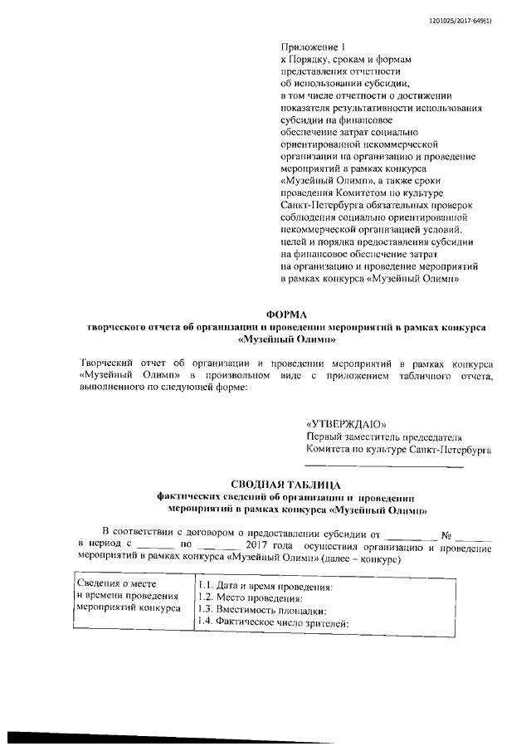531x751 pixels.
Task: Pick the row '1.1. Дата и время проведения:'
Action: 265,588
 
